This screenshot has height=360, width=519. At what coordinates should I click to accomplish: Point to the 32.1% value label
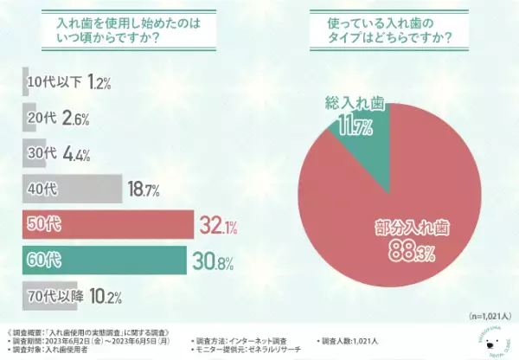(x=217, y=224)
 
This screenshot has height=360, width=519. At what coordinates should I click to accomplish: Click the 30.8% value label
(x=214, y=259)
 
